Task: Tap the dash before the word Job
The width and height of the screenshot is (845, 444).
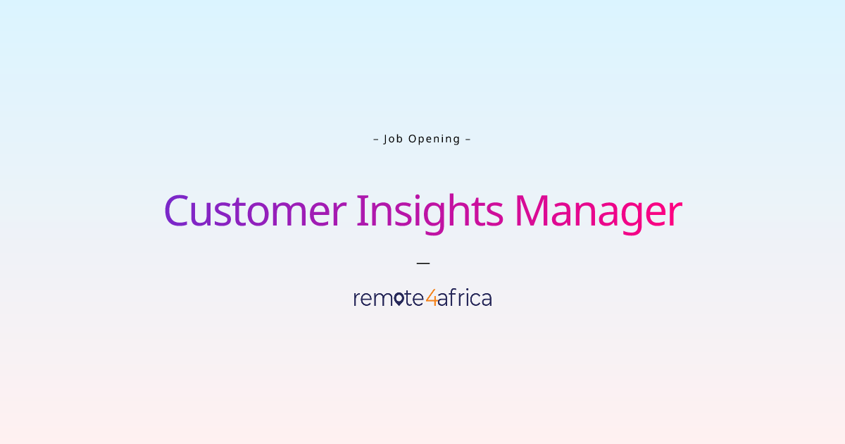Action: (x=376, y=139)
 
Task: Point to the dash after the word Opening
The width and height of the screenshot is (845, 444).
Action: (x=468, y=139)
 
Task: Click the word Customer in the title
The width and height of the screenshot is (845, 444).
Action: (x=255, y=211)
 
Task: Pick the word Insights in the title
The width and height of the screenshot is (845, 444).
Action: (x=430, y=211)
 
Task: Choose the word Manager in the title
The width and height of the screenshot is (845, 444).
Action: (x=598, y=211)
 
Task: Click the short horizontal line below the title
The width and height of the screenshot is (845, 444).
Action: (x=423, y=263)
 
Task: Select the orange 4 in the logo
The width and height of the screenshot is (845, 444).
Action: (x=431, y=298)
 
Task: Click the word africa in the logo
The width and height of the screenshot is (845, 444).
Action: (x=465, y=298)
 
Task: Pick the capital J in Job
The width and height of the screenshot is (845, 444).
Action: (x=386, y=139)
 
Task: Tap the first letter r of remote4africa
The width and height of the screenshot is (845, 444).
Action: (x=356, y=300)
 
